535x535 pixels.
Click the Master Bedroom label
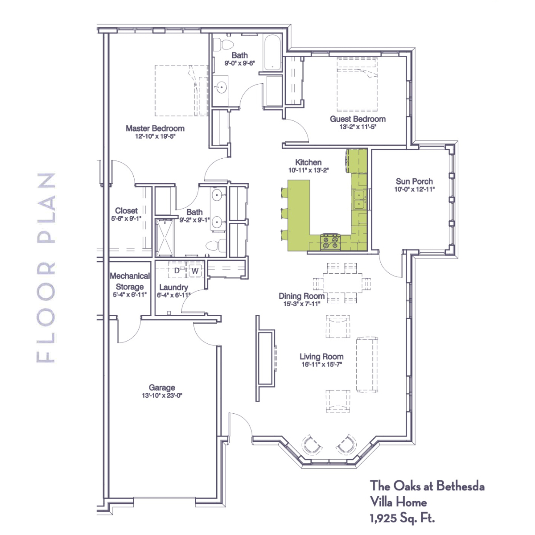pos(155,128)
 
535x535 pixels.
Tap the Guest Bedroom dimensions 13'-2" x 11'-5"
pos(358,127)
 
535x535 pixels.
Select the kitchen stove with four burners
pos(331,242)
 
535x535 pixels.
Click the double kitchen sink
pos(359,200)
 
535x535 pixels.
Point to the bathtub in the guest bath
pos(272,53)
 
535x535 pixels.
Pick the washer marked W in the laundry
pos(195,271)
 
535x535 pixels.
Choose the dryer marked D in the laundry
pos(177,271)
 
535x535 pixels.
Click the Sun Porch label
pos(414,181)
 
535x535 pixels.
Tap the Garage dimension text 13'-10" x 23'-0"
pos(162,395)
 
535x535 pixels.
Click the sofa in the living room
pos(367,365)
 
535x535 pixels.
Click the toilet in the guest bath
pos(223,45)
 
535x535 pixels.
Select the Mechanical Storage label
pos(130,281)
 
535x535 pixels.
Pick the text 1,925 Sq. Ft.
pos(402,518)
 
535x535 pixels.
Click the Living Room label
pos(321,357)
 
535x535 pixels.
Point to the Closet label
pos(126,211)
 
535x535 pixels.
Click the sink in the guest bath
pos(221,87)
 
